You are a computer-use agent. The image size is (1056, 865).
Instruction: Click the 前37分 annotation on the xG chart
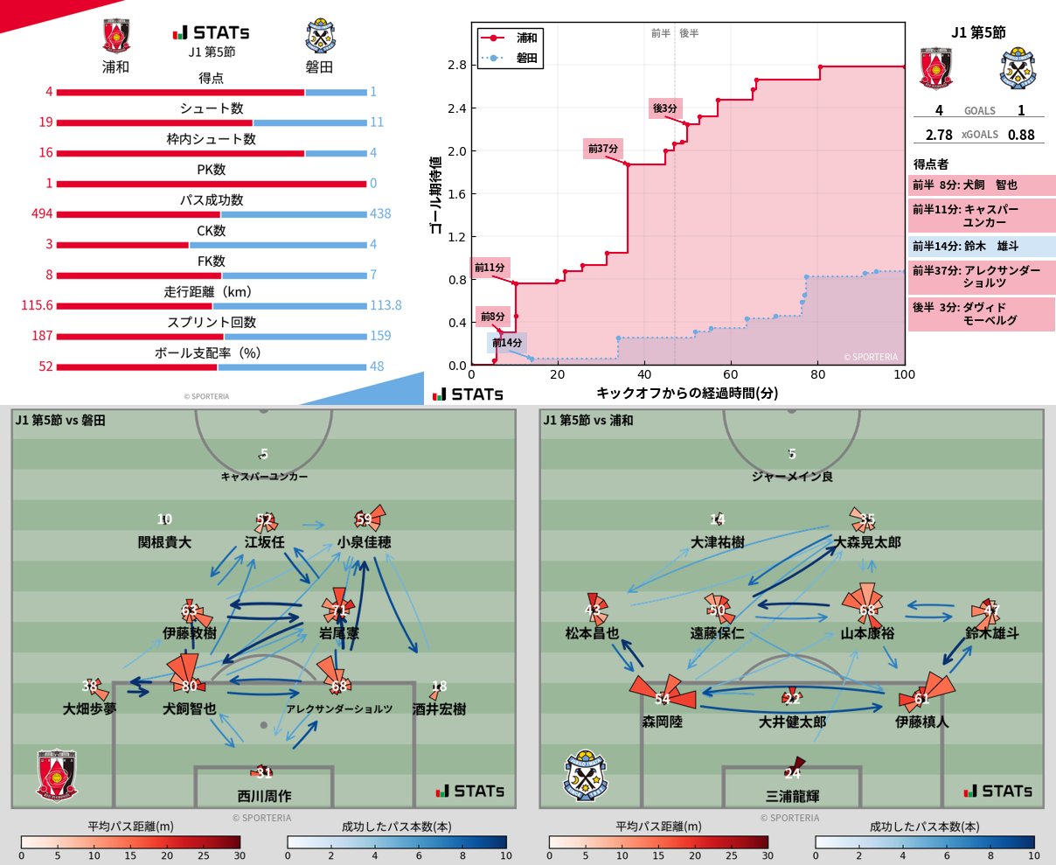[603, 149]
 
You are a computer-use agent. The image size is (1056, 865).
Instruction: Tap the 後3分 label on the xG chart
[664, 108]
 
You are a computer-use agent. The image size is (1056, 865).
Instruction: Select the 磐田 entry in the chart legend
[526, 59]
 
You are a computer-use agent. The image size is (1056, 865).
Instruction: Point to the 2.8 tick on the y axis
[456, 65]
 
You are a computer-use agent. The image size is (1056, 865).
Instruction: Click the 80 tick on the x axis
[818, 374]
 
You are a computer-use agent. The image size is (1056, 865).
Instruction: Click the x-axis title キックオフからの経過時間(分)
[687, 394]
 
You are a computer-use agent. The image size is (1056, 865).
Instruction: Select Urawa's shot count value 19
[45, 122]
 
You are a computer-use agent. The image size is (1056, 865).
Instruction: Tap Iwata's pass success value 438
[380, 213]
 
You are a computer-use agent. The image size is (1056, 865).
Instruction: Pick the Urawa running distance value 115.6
[38, 305]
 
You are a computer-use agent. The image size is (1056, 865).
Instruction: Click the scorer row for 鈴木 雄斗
[982, 247]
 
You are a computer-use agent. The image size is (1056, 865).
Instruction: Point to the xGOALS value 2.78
[939, 135]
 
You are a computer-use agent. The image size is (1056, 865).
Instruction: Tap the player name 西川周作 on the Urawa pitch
[264, 796]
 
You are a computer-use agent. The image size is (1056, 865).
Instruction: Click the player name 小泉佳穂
[364, 542]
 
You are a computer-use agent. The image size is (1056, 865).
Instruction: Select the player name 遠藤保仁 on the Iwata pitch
[717, 633]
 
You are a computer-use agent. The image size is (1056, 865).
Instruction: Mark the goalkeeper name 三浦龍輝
[792, 796]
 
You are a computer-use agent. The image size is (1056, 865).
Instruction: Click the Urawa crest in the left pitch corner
[57, 774]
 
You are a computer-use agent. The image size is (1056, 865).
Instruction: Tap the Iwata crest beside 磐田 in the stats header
[321, 37]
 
